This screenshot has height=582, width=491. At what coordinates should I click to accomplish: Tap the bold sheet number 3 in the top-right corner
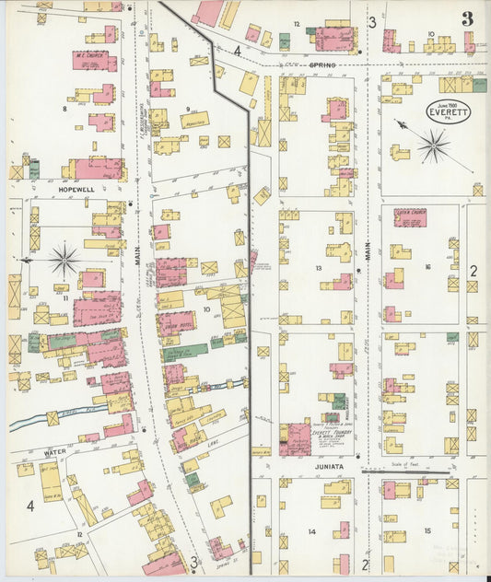[x=467, y=18]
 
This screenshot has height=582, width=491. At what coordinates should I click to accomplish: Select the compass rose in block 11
[x=64, y=260]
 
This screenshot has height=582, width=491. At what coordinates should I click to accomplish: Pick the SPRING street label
[x=321, y=66]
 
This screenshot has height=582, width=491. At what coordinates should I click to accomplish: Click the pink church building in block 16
[x=410, y=218]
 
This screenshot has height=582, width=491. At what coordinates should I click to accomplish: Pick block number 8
[x=64, y=109]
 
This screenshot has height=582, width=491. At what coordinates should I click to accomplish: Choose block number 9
[x=187, y=109]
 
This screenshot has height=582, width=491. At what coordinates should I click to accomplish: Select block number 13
[x=319, y=268]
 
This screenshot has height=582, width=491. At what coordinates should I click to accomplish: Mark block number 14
[x=312, y=532]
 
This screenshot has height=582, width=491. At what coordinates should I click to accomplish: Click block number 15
[x=427, y=530]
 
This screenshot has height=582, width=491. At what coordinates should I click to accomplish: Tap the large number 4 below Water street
[x=30, y=506]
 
